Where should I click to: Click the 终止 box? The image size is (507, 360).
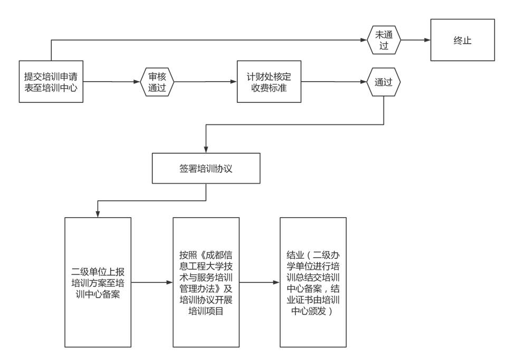coord(463,40)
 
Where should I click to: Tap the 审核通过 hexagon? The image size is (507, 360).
coord(157,82)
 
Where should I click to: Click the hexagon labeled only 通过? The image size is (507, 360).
coord(384,82)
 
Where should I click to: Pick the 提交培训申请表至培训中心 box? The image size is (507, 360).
coord(51,82)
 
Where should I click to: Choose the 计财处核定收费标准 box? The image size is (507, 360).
coord(269,82)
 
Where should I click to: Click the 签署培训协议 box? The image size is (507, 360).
coord(206,168)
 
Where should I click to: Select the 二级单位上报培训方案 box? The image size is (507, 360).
coord(97,282)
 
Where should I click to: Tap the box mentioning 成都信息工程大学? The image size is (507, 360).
coord(206,282)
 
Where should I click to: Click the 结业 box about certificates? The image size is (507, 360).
coord(313,282)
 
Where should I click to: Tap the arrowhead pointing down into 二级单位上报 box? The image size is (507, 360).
coord(97,213)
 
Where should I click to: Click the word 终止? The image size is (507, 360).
coord(463,40)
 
